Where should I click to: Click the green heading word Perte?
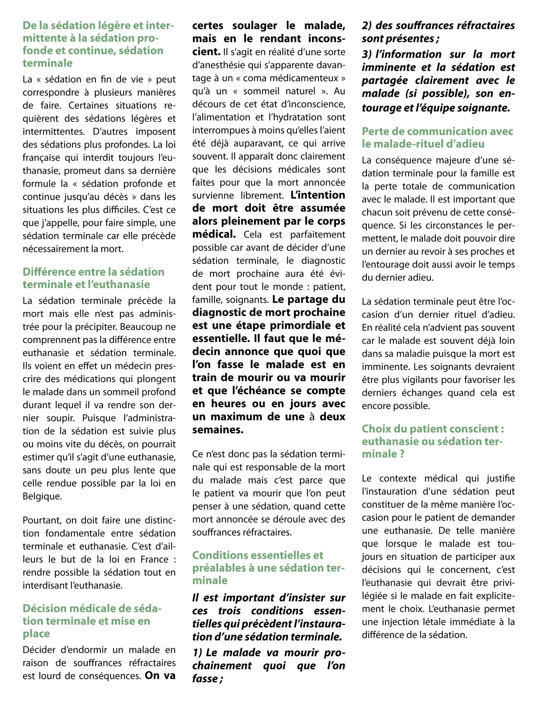374,132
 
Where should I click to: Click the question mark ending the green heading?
402,454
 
